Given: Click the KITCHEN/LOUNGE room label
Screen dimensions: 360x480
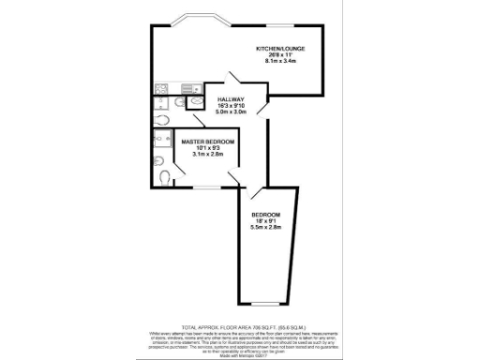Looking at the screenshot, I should point(281,48).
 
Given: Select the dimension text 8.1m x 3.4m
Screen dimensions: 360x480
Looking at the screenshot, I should point(281,61).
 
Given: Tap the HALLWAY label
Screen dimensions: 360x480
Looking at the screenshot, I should point(231,99).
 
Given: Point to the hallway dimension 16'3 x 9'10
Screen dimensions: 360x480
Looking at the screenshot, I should point(231,106).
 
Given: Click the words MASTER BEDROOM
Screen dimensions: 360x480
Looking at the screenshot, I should point(208,142).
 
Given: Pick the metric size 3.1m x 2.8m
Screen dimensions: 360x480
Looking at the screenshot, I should point(208,155).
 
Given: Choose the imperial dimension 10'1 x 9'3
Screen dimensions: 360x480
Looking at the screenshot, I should point(208,148).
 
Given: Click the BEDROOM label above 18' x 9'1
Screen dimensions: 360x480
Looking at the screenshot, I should point(266,215).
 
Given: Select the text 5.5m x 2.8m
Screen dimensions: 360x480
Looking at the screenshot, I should point(266,228).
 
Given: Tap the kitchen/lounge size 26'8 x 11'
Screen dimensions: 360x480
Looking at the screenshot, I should point(281,54).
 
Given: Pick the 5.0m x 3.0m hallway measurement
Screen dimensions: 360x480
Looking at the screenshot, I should point(231,112).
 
